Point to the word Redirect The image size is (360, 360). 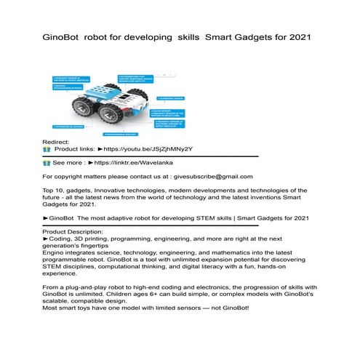pyautogui.click(x=56, y=141)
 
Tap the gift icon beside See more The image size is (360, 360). pyautogui.click(x=47, y=163)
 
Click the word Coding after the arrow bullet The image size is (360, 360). pyautogui.click(x=63, y=238)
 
